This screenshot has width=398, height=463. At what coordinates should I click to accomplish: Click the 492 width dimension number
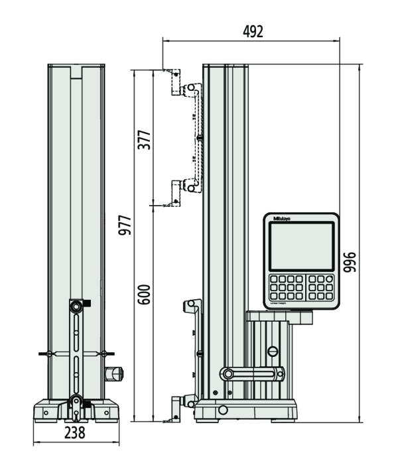[x=253, y=31]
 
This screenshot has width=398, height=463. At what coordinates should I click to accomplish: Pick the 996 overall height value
[x=352, y=265]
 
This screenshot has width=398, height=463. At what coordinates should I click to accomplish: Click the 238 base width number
[x=76, y=433]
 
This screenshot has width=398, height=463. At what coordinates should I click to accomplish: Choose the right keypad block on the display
[x=321, y=287]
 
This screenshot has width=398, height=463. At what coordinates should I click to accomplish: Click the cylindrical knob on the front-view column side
[x=114, y=374]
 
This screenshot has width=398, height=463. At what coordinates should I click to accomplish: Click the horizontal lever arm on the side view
[x=252, y=373]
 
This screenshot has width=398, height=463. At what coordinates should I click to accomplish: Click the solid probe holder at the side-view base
[x=181, y=405]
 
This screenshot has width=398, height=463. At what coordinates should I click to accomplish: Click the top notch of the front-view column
[x=76, y=71]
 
